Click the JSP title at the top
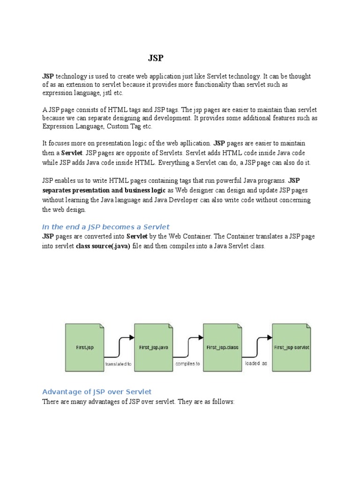(156, 58)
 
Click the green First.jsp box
(84, 347)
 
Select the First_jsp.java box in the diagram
(154, 347)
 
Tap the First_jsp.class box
(222, 347)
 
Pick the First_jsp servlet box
(292, 347)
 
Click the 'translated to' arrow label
(119, 363)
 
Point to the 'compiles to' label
(187, 363)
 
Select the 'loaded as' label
(256, 363)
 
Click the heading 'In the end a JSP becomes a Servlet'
(106, 227)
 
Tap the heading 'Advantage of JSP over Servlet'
(97, 392)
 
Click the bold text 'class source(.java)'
(103, 246)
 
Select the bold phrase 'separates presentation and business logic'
(104, 190)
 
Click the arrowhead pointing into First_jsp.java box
(132, 337)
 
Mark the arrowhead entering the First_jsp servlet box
(270, 337)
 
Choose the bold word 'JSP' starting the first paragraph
(48, 76)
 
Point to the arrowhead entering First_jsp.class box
(201, 337)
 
